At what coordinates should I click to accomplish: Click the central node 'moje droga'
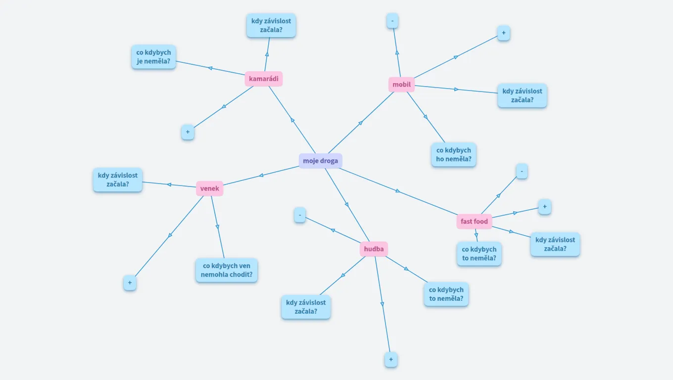point(320,161)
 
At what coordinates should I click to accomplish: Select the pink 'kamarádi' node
point(263,79)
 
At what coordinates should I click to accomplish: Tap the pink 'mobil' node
point(401,84)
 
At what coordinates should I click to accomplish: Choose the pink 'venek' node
point(209,189)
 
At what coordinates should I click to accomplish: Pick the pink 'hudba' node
point(374,249)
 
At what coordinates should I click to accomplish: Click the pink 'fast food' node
point(474,221)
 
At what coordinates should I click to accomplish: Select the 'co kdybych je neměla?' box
point(153,57)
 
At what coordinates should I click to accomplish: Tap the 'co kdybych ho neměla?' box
point(453,155)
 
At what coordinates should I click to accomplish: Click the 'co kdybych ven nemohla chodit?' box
point(227,270)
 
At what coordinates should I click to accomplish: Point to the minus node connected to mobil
point(392,21)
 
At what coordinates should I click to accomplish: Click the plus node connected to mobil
point(503,33)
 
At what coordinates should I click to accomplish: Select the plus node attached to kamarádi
point(188,132)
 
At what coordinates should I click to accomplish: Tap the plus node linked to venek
point(130,283)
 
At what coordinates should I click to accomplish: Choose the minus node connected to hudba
point(300,215)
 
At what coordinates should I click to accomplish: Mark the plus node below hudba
point(391,359)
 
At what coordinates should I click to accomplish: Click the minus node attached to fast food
point(522,171)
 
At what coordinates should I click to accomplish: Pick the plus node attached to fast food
point(544,207)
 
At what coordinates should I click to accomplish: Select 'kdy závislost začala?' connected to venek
point(118,180)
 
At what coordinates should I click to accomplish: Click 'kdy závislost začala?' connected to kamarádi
point(271,25)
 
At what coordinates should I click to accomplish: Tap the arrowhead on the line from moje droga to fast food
point(397,191)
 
